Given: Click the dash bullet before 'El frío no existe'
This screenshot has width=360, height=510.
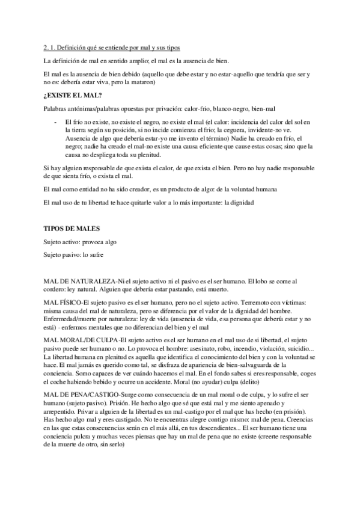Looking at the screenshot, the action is (x=56, y=121).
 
